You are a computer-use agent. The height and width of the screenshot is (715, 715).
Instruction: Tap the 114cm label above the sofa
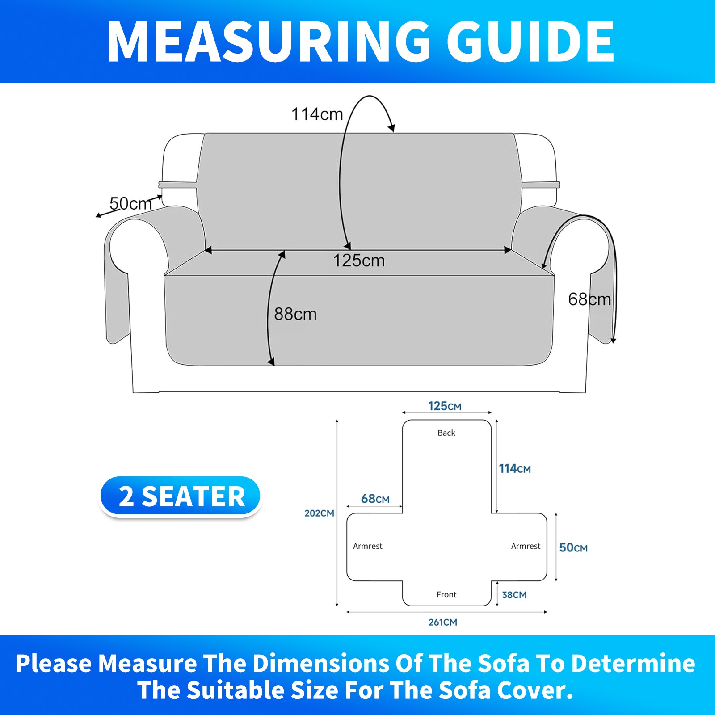[x=317, y=114]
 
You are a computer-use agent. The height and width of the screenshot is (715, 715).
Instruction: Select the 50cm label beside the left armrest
[x=131, y=204]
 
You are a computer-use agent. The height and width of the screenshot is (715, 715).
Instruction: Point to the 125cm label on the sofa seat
[x=359, y=261]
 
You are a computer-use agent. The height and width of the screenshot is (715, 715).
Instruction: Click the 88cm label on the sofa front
[x=295, y=314]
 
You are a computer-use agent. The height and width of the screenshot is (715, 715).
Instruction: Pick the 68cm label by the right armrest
[x=589, y=299]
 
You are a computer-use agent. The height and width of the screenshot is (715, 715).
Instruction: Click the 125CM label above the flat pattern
[x=445, y=406]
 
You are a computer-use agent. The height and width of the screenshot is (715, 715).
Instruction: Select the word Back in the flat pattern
[x=446, y=433]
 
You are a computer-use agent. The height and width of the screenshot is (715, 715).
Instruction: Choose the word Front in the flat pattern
[x=446, y=595]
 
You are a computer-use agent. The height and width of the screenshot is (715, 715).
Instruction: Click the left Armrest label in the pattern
[x=368, y=546]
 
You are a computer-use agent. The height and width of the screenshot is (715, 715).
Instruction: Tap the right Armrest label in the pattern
[x=526, y=546]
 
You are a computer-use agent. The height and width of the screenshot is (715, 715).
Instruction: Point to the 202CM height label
[x=320, y=513]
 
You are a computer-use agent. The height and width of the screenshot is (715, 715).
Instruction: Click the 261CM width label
[x=443, y=622]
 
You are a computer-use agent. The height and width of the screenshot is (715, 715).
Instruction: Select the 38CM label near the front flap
[x=514, y=595]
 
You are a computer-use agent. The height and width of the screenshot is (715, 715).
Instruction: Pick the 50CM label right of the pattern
[x=573, y=547]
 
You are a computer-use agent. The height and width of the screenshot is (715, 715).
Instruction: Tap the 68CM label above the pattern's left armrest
[x=375, y=499]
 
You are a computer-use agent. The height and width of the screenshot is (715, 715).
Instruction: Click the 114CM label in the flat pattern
[x=515, y=468]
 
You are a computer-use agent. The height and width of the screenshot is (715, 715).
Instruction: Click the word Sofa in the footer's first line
[x=504, y=663]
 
